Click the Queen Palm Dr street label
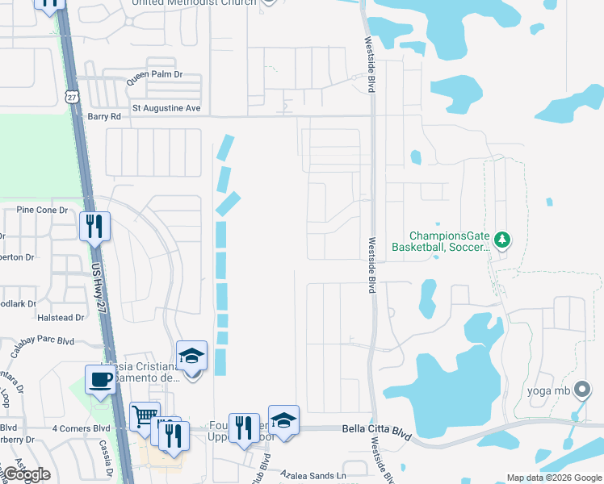click(154, 74)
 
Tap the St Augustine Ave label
click(166, 107)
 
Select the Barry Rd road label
click(103, 116)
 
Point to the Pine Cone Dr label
click(40, 210)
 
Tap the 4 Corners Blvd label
click(79, 428)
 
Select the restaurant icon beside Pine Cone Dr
click(94, 227)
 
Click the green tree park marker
click(502, 240)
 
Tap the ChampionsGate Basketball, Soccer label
click(441, 241)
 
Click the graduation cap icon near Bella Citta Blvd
click(283, 420)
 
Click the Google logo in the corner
click(27, 474)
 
